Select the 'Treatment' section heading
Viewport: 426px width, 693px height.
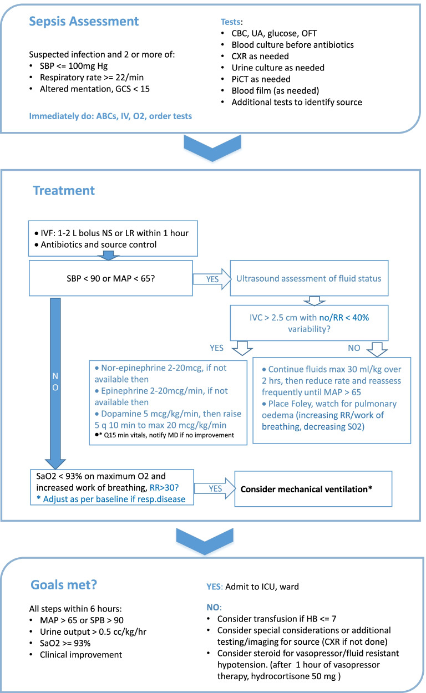coord(64,190)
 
